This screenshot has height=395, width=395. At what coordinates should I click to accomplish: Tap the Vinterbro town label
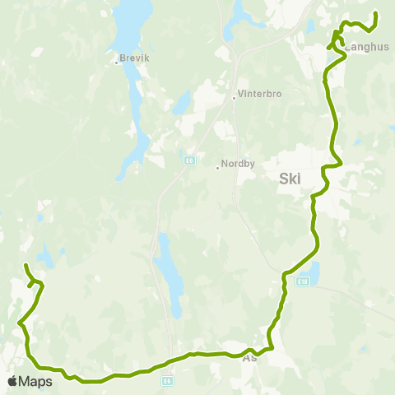pos(259,94)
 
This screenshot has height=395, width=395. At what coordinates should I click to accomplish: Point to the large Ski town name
pos(290,179)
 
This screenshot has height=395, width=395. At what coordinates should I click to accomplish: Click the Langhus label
pos(366,47)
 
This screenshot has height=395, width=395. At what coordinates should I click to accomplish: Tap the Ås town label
pos(250,359)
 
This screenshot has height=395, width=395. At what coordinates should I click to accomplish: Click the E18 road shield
pos(304,281)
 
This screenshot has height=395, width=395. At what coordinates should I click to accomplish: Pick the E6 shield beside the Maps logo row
pos(168,380)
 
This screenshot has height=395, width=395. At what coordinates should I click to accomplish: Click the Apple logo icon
pos(13,381)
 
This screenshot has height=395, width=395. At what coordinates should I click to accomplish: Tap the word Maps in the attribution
pos(36,381)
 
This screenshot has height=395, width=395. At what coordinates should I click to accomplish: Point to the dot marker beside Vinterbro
pos(235,98)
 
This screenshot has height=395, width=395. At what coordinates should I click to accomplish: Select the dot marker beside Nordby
pos(217,168)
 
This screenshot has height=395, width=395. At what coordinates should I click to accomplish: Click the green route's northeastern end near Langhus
pos(375,13)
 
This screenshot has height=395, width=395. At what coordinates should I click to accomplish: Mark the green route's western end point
pos(26,265)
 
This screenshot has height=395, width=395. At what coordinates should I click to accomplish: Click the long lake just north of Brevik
pos(130,29)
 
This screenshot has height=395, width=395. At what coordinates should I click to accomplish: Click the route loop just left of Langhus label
pos(337,39)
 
